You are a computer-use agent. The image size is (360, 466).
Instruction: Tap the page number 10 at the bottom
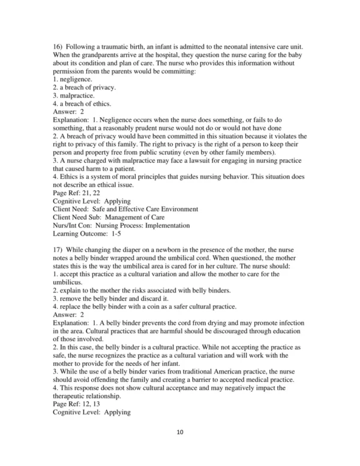pos(179,448)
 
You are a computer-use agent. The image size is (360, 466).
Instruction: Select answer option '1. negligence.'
pos(73,79)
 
